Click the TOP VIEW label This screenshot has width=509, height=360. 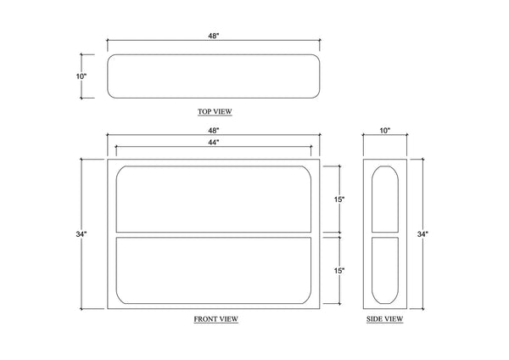pyautogui.click(x=215, y=111)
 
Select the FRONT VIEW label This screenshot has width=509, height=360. pyautogui.click(x=215, y=319)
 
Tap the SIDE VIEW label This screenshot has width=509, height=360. pyautogui.click(x=384, y=319)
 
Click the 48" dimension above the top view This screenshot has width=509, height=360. pyautogui.click(x=214, y=36)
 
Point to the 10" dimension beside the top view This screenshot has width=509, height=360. pyautogui.click(x=81, y=76)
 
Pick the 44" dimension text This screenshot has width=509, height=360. pyautogui.click(x=214, y=142)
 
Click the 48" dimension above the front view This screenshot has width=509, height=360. pyautogui.click(x=214, y=131)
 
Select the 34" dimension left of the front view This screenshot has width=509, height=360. pyautogui.click(x=81, y=234)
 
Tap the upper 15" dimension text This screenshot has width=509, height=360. pyautogui.click(x=339, y=200)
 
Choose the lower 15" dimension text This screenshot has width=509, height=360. pyautogui.click(x=339, y=270)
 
